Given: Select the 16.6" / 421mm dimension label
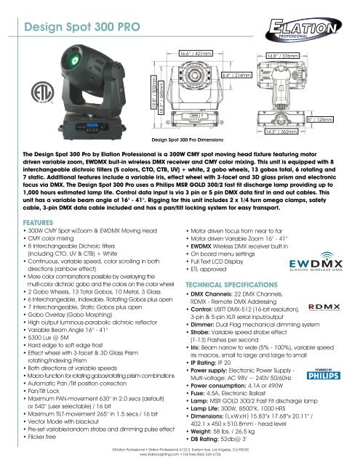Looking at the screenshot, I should (x=196, y=54).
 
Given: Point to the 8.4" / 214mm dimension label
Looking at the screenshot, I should (x=238, y=74).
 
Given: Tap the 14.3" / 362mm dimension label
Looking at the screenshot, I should (x=281, y=132).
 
